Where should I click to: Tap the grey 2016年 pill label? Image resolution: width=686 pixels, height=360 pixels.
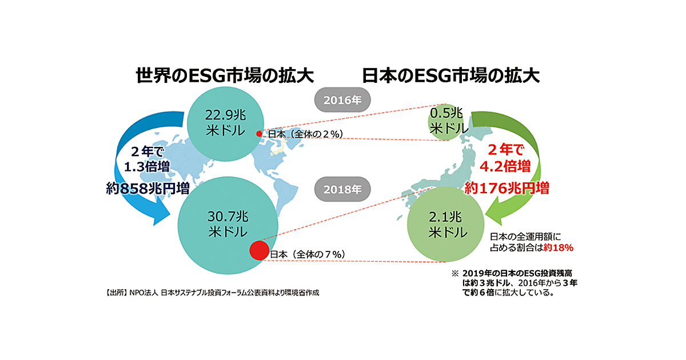(x=343, y=101)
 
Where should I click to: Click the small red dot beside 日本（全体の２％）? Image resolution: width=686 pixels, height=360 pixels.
(x=259, y=134)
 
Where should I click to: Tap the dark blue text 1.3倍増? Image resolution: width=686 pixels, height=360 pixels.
(x=146, y=167)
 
